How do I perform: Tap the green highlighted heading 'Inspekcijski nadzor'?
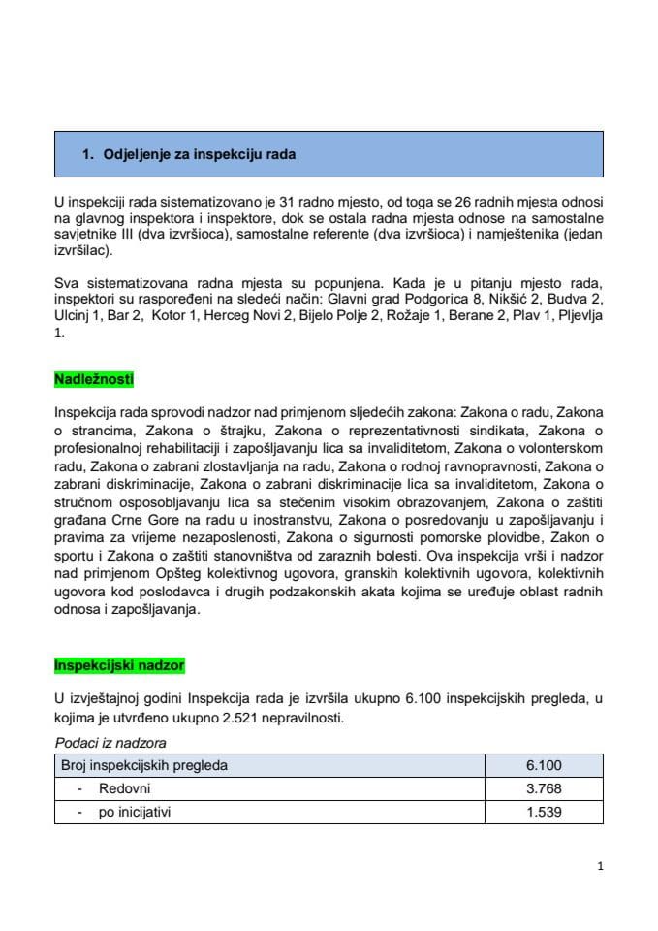coord(119,665)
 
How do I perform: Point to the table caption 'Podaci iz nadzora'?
coord(110,743)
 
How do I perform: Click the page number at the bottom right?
coord(601,867)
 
